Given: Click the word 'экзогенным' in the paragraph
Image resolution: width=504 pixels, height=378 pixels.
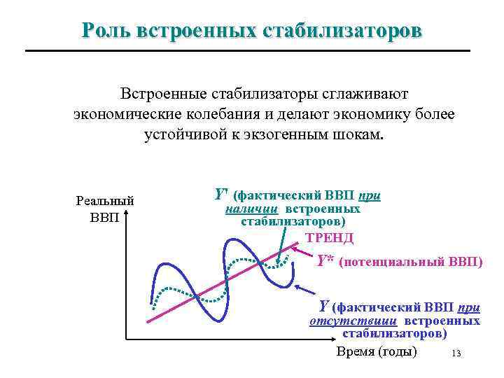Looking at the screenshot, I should coord(295,134).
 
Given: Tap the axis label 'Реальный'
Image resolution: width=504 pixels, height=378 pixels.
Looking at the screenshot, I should coord(105,201).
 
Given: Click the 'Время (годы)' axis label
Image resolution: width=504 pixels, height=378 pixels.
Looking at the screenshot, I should coord(377,351).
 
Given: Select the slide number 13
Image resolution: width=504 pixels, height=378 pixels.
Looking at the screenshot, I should coord(457,353).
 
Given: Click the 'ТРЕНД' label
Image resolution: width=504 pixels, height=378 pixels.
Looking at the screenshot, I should coord(330,238).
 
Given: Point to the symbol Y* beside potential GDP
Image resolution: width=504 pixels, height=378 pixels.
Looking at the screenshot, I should coord(324,261).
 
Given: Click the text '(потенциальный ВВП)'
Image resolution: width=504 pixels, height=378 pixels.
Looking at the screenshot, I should coord(410,262).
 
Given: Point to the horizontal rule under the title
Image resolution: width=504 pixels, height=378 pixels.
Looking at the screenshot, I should coord(247,50).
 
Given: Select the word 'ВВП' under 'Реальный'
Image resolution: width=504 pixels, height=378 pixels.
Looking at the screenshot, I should coord(105,216).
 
